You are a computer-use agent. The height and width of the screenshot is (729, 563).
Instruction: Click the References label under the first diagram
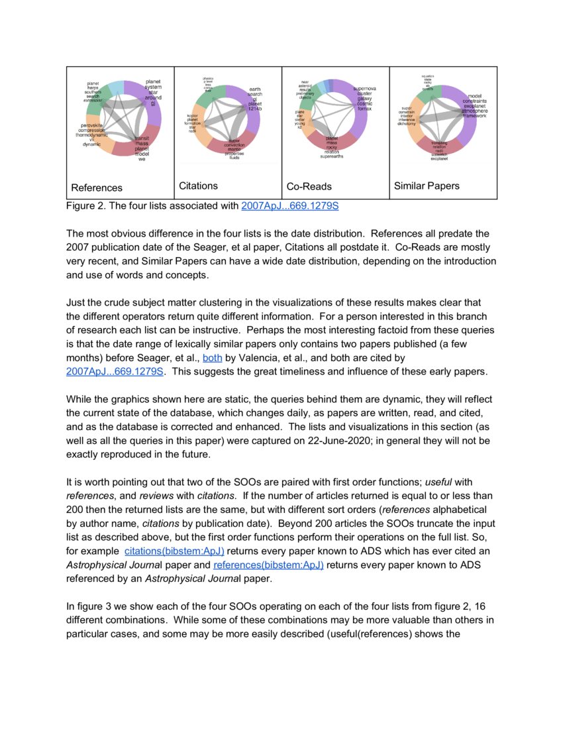click(x=97, y=188)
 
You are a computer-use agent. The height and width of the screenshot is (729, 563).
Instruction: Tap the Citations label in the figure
click(x=198, y=186)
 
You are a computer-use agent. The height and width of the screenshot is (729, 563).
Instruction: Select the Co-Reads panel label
click(x=309, y=187)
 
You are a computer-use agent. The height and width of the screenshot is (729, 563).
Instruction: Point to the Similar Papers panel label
click(x=427, y=186)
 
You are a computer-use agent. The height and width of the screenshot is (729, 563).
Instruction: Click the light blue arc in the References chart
click(x=115, y=87)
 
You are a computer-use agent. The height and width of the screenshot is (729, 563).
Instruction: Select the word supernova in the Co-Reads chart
click(x=365, y=88)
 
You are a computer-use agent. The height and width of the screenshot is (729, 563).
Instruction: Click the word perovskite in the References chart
click(x=91, y=125)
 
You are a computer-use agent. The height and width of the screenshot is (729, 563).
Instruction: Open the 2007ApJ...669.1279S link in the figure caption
click(x=290, y=206)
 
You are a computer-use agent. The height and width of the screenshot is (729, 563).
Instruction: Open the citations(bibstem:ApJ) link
click(x=174, y=551)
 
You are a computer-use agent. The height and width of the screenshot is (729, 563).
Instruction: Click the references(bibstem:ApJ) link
click(x=268, y=565)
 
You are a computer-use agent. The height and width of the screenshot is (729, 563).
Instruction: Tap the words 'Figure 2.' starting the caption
click(x=86, y=206)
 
